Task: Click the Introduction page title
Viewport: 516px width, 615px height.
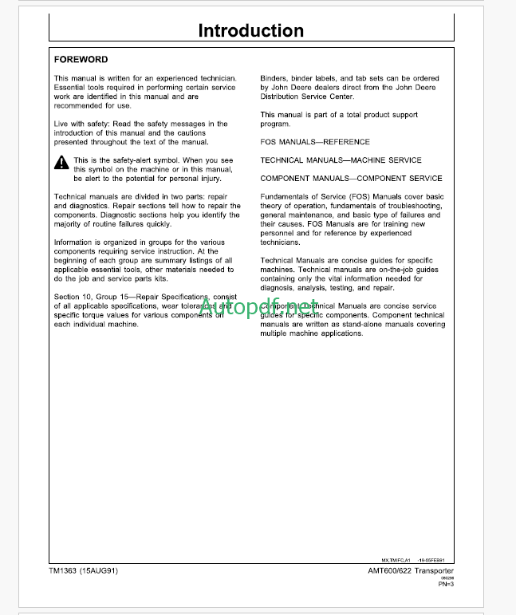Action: pos(250,31)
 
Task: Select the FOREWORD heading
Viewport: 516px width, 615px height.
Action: pos(81,60)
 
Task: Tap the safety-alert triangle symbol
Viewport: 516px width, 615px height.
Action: pos(61,163)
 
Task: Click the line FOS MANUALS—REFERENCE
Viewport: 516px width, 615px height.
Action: pos(315,142)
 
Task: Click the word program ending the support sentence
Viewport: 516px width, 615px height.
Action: pos(275,124)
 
